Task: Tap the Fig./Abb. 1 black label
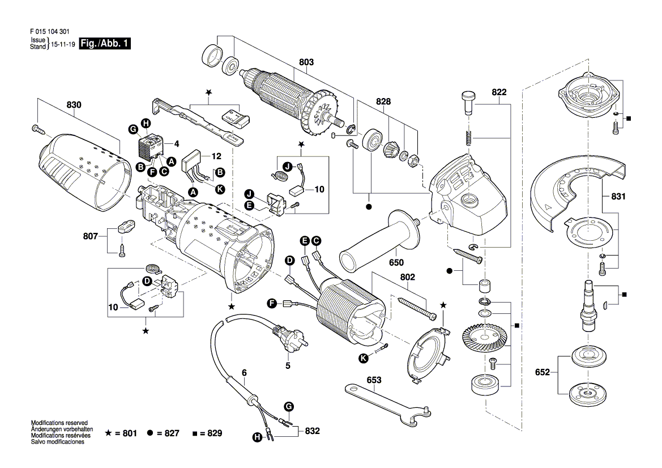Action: (x=105, y=44)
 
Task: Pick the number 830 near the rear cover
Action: (x=74, y=105)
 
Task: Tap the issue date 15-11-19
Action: (x=63, y=44)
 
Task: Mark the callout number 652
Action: (x=542, y=373)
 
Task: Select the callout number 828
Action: (x=383, y=101)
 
